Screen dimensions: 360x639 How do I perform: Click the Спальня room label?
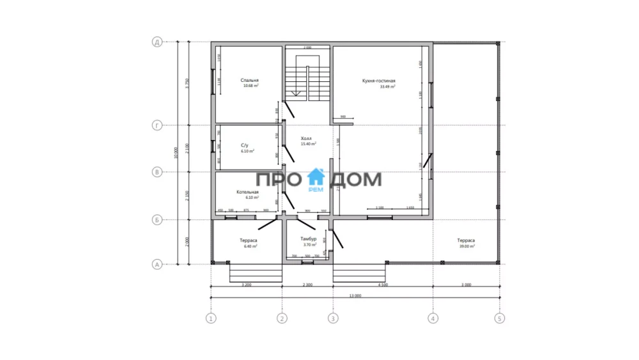pos(250,81)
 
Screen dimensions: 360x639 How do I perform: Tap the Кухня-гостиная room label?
pos(379,81)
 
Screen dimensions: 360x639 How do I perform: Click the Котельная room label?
pos(247,192)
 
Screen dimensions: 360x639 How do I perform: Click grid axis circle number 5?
pos(499,318)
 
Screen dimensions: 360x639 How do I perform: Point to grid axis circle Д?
pos(156,42)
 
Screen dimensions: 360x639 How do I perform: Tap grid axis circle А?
pos(156,263)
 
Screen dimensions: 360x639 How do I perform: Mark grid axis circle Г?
pos(156,125)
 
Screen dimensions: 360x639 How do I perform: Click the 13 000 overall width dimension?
pos(355,296)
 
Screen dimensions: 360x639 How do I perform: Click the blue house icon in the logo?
pos(316,178)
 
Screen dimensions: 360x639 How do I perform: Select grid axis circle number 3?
pos(332,318)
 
